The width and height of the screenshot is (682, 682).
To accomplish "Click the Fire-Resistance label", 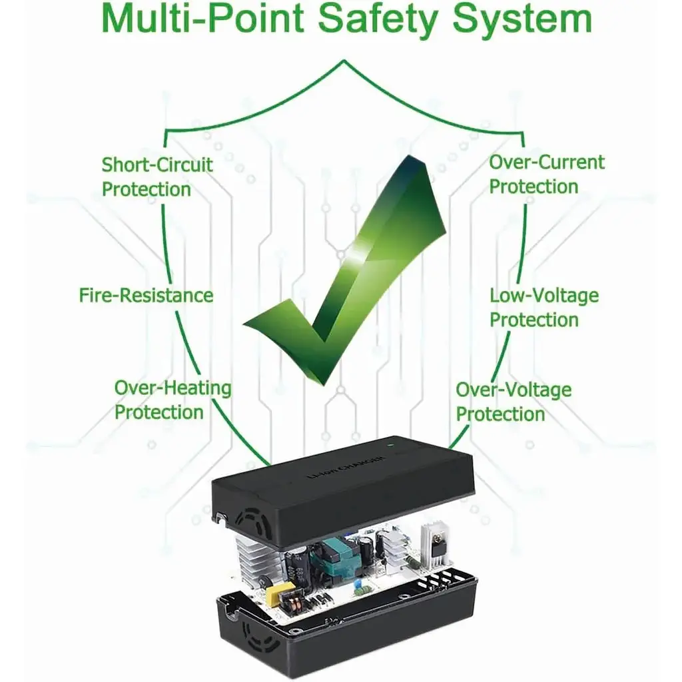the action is point(146,295).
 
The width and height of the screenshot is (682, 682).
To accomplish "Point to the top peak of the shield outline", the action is point(344,61).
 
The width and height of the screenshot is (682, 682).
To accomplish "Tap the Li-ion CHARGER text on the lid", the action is point(346,467).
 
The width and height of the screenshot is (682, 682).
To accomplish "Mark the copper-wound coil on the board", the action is point(295,602).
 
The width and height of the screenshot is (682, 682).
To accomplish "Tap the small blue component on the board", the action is point(356,583).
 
